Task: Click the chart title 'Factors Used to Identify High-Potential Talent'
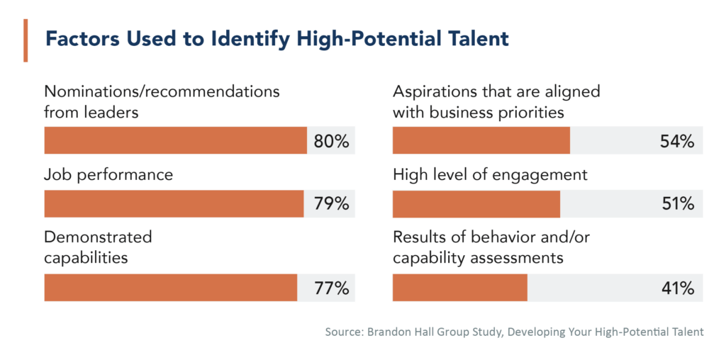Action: [x=277, y=39]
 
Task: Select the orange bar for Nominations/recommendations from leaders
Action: [x=175, y=140]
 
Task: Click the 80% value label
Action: [x=331, y=141]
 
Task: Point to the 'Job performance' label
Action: [x=108, y=174]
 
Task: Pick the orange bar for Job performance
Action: [x=174, y=203]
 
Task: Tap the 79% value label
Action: [x=331, y=204]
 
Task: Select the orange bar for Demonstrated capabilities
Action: [x=170, y=288]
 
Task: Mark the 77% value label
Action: [x=331, y=288]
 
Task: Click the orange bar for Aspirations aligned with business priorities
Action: [x=481, y=140]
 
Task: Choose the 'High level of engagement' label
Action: [x=490, y=174]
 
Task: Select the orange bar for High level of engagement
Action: [x=476, y=203]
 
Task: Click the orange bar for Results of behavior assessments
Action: [x=459, y=288]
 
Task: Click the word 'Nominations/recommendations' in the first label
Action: [x=162, y=91]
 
